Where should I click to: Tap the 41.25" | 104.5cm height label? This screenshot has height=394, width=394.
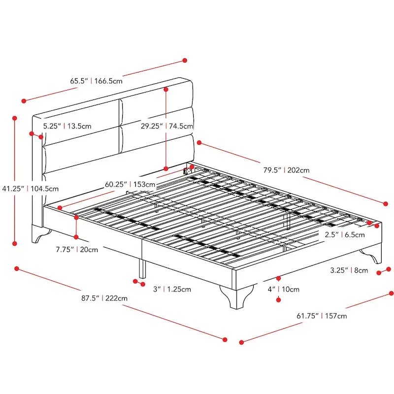31,188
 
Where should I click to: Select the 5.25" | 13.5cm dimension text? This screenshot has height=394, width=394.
67,126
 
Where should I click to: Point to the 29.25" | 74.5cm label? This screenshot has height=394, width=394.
167,126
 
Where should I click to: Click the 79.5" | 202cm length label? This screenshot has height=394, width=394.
286,170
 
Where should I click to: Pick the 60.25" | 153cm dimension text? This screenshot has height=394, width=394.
130,185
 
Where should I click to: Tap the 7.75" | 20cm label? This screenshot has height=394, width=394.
76,249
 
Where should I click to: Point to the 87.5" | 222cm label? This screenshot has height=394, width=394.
105,298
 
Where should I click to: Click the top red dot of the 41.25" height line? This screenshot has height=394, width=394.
15,118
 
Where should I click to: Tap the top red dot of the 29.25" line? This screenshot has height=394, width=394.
167,89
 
